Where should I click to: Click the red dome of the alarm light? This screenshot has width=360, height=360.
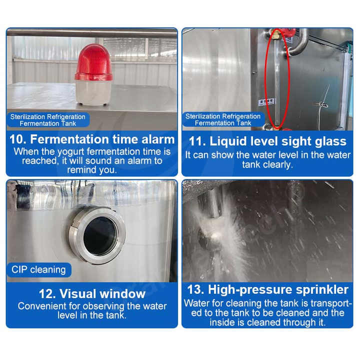[93, 62]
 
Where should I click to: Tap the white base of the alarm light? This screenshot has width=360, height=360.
[93, 92]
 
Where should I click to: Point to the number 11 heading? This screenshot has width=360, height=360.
[197, 141]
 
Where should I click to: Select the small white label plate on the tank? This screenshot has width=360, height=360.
[266, 101]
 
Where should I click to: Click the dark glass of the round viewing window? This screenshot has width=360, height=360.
[100, 235]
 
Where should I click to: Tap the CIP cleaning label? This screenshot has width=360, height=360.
[38, 269]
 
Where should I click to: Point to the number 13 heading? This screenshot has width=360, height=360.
[195, 289]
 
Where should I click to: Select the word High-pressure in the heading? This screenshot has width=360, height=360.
[250, 290]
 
